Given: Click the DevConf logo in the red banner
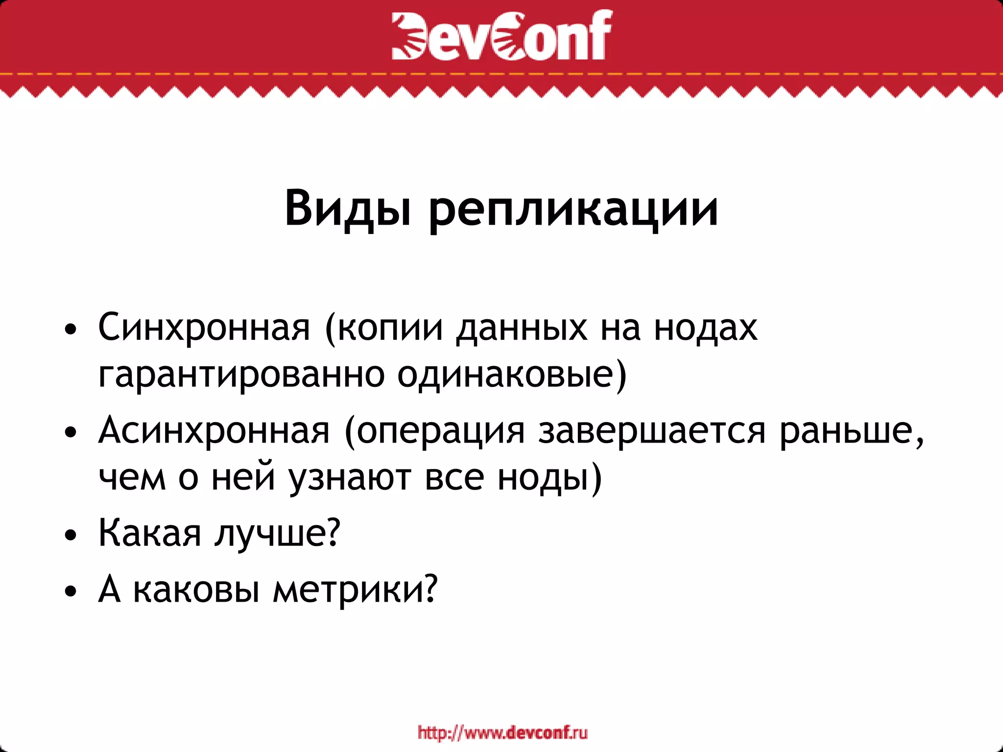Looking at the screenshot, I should click(501, 35).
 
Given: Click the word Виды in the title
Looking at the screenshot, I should click(347, 209).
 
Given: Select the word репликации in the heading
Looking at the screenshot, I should click(573, 211).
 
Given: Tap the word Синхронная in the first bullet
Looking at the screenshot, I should click(204, 327).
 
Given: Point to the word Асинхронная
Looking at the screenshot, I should click(214, 430).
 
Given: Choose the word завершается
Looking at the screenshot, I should click(651, 430).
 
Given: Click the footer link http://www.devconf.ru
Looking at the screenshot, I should click(502, 733).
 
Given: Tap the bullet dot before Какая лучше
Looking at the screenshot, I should click(71, 535).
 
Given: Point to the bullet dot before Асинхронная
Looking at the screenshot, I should click(71, 432).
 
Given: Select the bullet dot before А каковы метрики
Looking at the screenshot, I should click(71, 591).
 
